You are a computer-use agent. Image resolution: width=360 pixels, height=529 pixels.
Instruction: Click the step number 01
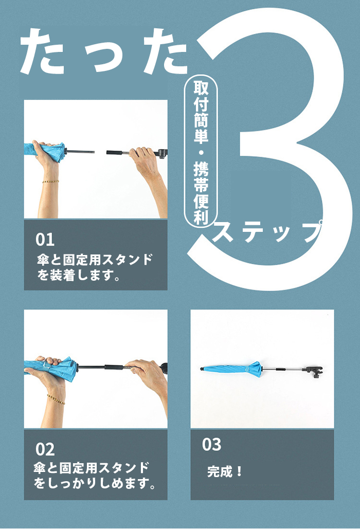point(45,240)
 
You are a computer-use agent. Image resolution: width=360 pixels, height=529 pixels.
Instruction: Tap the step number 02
point(45,449)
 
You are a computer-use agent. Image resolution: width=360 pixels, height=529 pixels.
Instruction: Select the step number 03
point(211,445)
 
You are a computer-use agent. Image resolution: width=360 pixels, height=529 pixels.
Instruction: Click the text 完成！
point(225,471)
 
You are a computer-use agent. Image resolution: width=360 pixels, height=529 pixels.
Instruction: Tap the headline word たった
point(104,51)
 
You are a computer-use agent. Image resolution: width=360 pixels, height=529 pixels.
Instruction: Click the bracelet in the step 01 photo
point(50,181)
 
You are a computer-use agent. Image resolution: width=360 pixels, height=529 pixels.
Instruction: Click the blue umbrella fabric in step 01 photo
point(44,151)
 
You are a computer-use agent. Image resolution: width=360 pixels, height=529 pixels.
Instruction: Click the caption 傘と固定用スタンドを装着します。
point(95,268)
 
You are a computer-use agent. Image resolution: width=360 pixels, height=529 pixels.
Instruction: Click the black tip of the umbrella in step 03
point(202,369)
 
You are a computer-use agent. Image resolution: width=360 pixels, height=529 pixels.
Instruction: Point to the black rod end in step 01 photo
point(81,152)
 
